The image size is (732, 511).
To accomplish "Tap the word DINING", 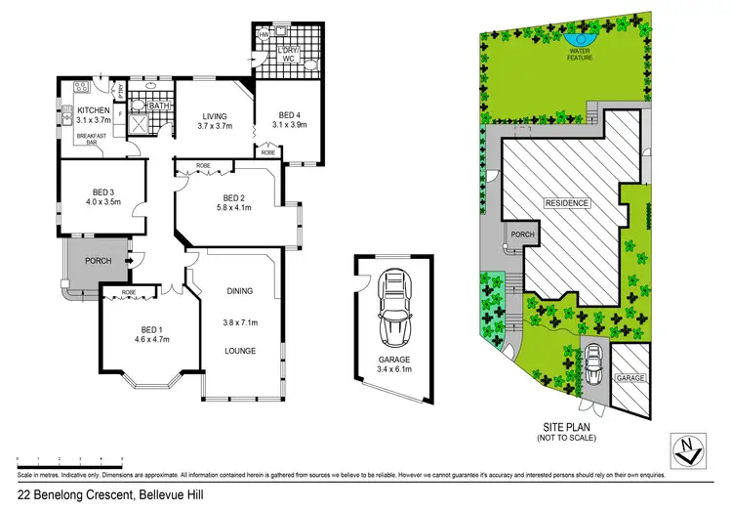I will tap(239, 290).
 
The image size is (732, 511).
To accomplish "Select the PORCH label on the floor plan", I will tap(98, 261).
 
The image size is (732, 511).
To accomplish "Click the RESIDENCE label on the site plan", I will tap(567, 202).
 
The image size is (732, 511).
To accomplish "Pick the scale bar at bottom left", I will tap(69, 458).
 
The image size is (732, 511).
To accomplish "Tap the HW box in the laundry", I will tap(263, 36).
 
